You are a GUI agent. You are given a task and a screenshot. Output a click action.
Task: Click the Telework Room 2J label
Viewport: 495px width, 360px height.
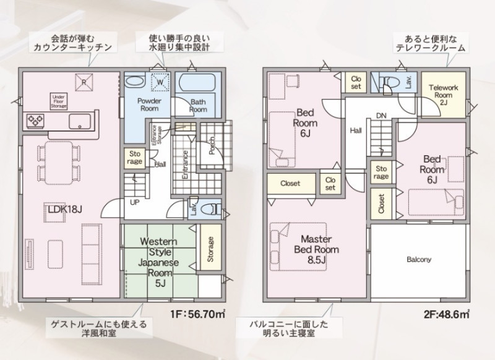(444, 95)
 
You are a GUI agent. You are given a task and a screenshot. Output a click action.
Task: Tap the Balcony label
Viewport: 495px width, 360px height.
(419, 260)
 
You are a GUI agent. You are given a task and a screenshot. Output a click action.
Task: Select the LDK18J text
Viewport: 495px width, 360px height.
(65, 209)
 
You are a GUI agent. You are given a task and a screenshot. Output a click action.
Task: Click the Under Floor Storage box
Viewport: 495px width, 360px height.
(59, 101)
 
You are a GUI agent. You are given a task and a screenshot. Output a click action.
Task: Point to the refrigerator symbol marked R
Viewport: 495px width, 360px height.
(84, 82)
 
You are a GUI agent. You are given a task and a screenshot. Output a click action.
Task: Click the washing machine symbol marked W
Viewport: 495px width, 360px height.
(160, 82)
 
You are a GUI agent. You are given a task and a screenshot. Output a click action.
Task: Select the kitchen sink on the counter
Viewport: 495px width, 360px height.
(80, 121)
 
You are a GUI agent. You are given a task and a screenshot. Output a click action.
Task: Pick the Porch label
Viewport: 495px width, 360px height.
(212, 145)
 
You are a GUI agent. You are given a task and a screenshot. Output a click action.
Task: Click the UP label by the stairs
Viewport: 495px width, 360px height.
(135, 202)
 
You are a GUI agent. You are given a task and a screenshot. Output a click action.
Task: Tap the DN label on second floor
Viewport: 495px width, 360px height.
(381, 116)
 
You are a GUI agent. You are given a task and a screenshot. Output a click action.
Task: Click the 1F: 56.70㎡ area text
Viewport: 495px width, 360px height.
(197, 314)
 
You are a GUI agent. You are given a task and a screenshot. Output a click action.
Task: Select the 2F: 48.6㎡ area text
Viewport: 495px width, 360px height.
(446, 314)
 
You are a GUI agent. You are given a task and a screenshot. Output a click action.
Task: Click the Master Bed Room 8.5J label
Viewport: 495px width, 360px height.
(316, 249)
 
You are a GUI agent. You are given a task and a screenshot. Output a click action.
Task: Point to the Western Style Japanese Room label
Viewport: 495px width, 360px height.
(159, 262)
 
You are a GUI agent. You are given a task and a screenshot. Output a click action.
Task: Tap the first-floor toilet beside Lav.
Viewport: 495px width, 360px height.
(212, 209)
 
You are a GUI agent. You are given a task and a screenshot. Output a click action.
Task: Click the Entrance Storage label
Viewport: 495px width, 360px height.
(157, 135)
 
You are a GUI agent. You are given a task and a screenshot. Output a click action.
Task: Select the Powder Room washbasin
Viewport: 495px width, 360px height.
(135, 82)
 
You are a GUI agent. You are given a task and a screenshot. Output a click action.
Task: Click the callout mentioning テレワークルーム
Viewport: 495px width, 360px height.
(431, 44)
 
